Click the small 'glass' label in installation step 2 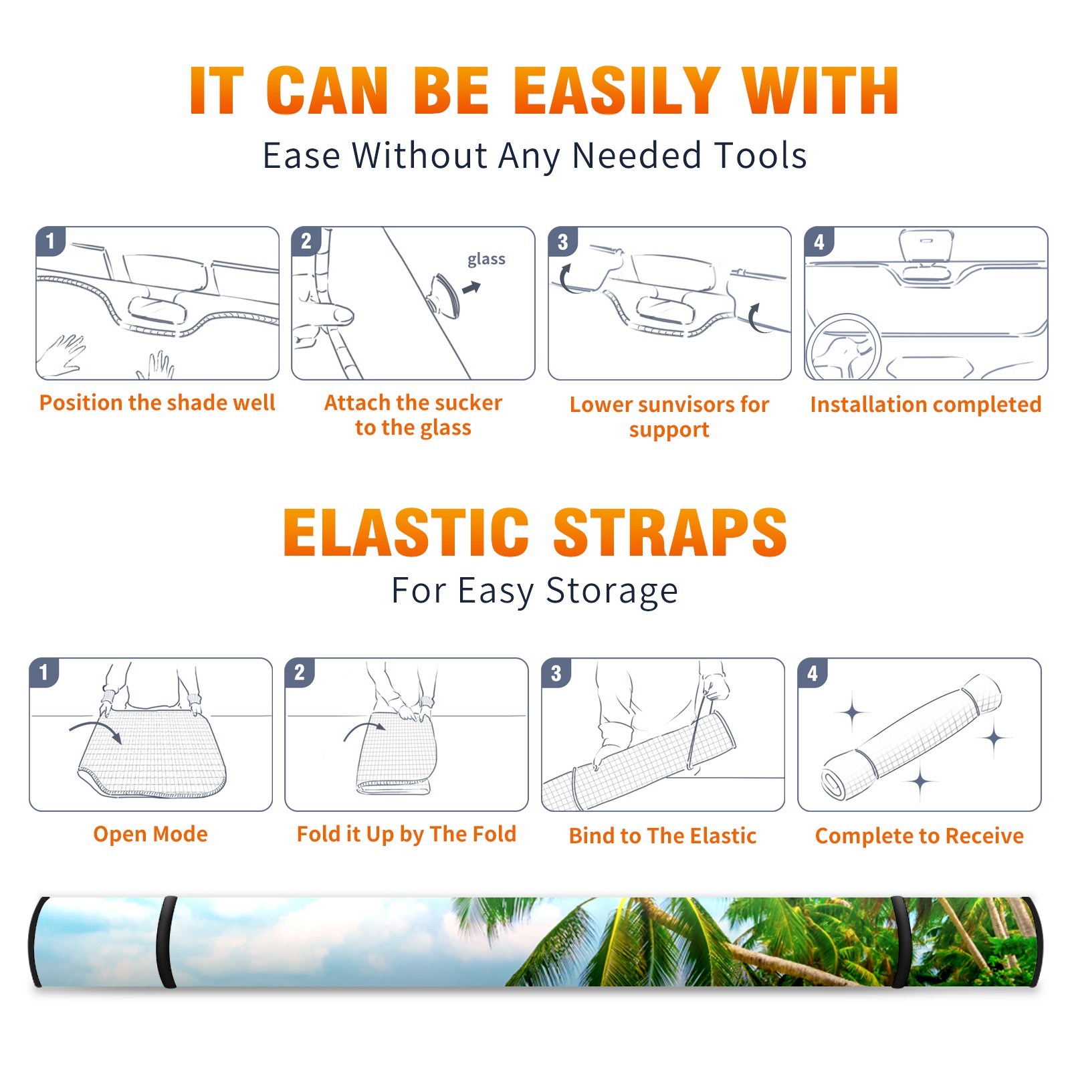click(486, 259)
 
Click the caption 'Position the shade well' click(157, 403)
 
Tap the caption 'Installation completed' click(926, 405)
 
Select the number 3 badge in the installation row click(562, 241)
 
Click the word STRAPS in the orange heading click(670, 532)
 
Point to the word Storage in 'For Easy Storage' click(612, 591)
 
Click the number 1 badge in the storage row click(44, 672)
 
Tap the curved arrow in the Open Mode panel click(96, 729)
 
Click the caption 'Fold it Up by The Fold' click(407, 835)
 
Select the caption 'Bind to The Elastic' click(663, 836)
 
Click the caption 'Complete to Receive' click(920, 836)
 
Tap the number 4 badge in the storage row click(813, 673)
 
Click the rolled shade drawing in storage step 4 click(912, 736)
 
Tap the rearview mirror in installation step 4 click(926, 246)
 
